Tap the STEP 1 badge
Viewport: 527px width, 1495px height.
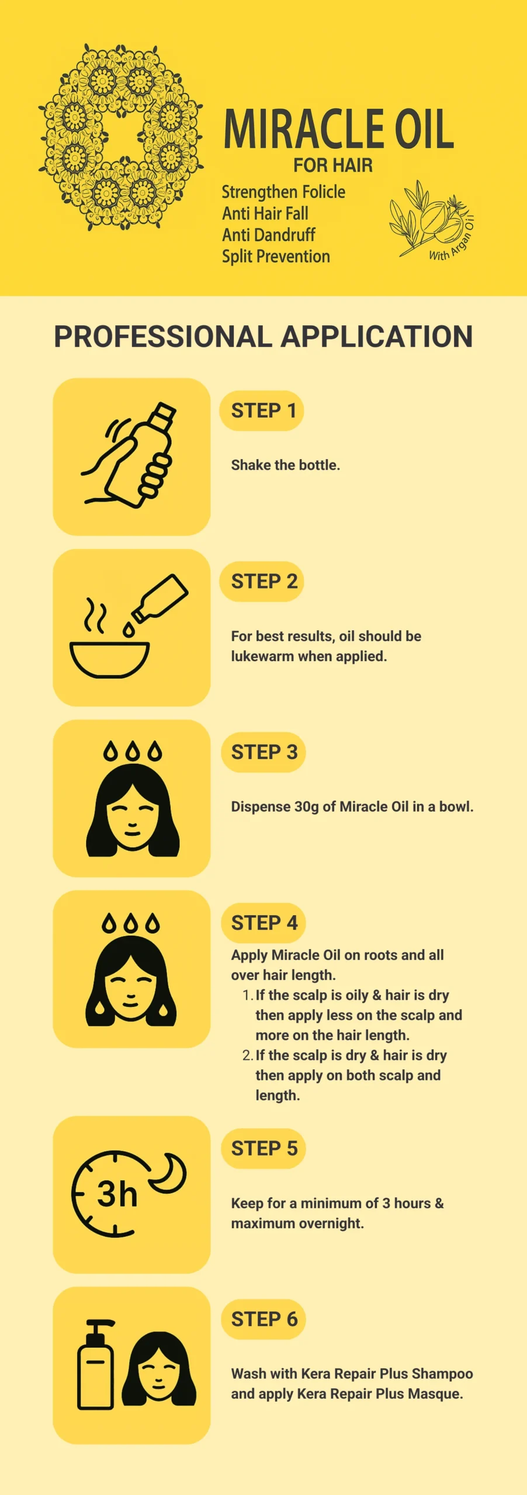click(262, 411)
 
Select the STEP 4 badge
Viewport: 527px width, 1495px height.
click(263, 923)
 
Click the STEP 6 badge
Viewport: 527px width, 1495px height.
click(263, 1319)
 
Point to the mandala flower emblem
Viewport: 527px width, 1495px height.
click(121, 136)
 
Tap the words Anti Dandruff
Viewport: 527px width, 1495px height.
click(268, 235)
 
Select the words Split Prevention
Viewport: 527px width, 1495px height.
click(276, 256)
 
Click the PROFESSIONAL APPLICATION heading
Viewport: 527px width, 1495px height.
click(263, 337)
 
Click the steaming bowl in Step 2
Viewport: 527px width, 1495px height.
click(109, 642)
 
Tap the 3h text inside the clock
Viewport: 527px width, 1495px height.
click(117, 1194)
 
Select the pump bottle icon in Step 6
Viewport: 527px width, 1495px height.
click(96, 1364)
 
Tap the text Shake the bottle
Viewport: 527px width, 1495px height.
click(286, 465)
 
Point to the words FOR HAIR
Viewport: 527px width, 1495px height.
click(333, 165)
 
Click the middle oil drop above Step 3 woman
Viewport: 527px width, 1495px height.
click(133, 752)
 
